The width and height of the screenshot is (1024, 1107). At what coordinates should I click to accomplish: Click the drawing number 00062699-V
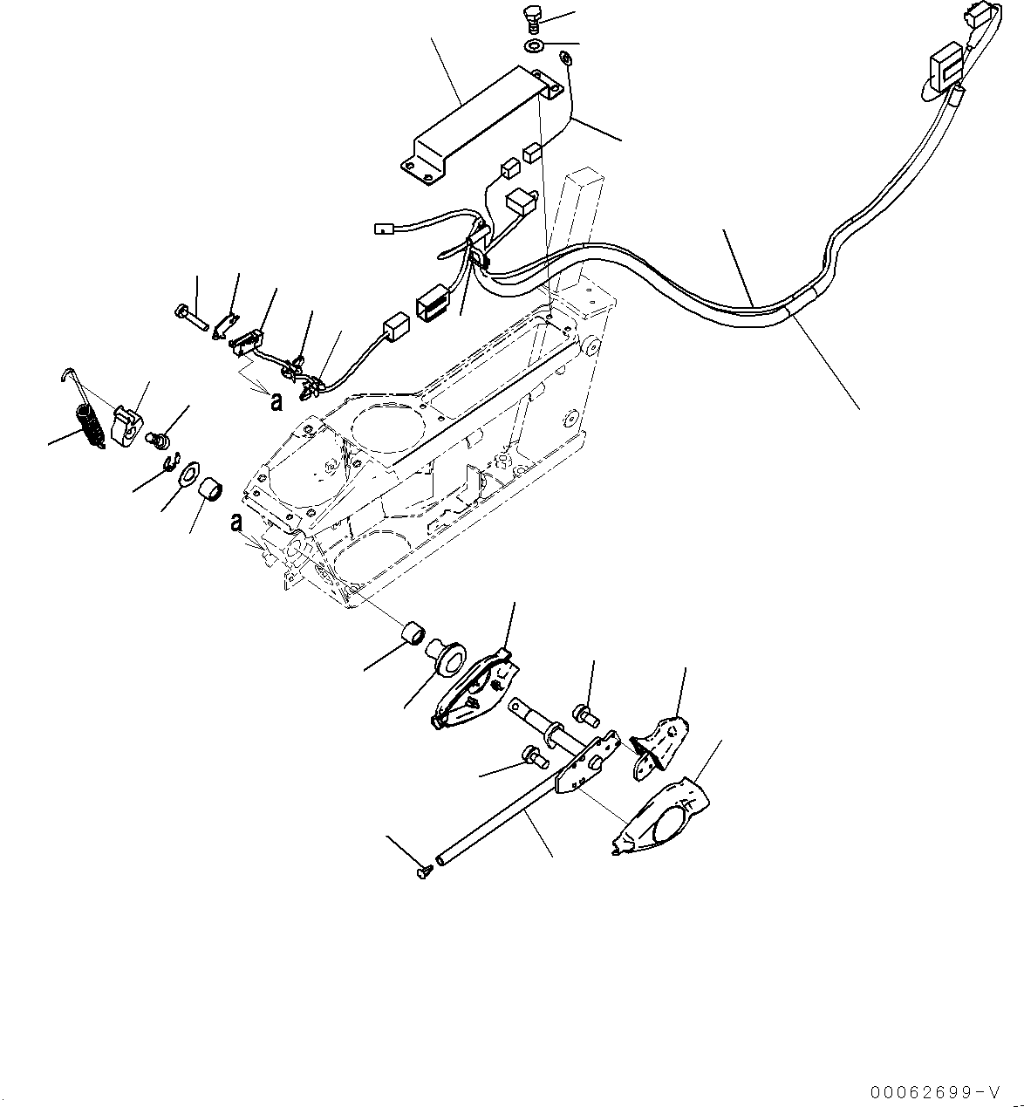[964, 1090]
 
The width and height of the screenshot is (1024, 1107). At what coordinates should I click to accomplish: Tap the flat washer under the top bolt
[534, 44]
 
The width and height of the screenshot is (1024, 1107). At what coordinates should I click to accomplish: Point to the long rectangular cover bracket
[482, 126]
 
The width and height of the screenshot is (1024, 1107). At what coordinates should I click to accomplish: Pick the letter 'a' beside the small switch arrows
[276, 401]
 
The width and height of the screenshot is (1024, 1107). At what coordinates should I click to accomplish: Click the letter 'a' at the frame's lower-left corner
[237, 523]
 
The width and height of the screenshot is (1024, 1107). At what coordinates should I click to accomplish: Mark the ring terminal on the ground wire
[564, 57]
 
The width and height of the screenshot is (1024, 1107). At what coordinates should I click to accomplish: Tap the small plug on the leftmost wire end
[383, 228]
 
